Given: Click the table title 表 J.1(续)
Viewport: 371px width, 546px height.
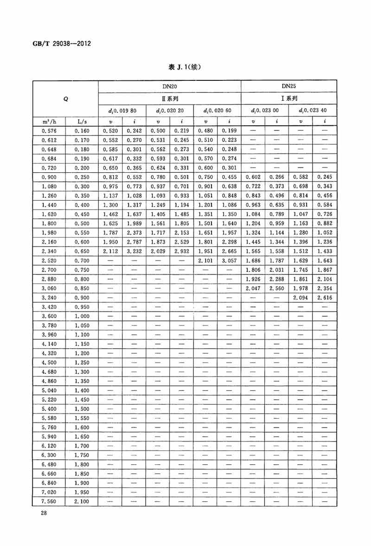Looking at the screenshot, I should point(185,67).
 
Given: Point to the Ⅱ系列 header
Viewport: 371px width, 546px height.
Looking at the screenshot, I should point(170,99).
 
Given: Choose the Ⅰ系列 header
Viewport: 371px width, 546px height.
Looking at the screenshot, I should point(289,99).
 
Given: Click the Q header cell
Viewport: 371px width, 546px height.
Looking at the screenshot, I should point(65,99).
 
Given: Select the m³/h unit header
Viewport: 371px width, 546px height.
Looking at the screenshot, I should point(49,122).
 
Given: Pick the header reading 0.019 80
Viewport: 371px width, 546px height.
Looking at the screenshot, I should point(122,111).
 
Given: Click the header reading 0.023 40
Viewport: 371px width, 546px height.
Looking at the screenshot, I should point(313,111).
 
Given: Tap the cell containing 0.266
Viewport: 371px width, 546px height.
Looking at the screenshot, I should point(277,178).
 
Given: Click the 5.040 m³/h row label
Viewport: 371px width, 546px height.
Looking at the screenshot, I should point(49,390).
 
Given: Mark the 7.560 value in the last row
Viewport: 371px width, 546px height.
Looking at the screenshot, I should point(49,501).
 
